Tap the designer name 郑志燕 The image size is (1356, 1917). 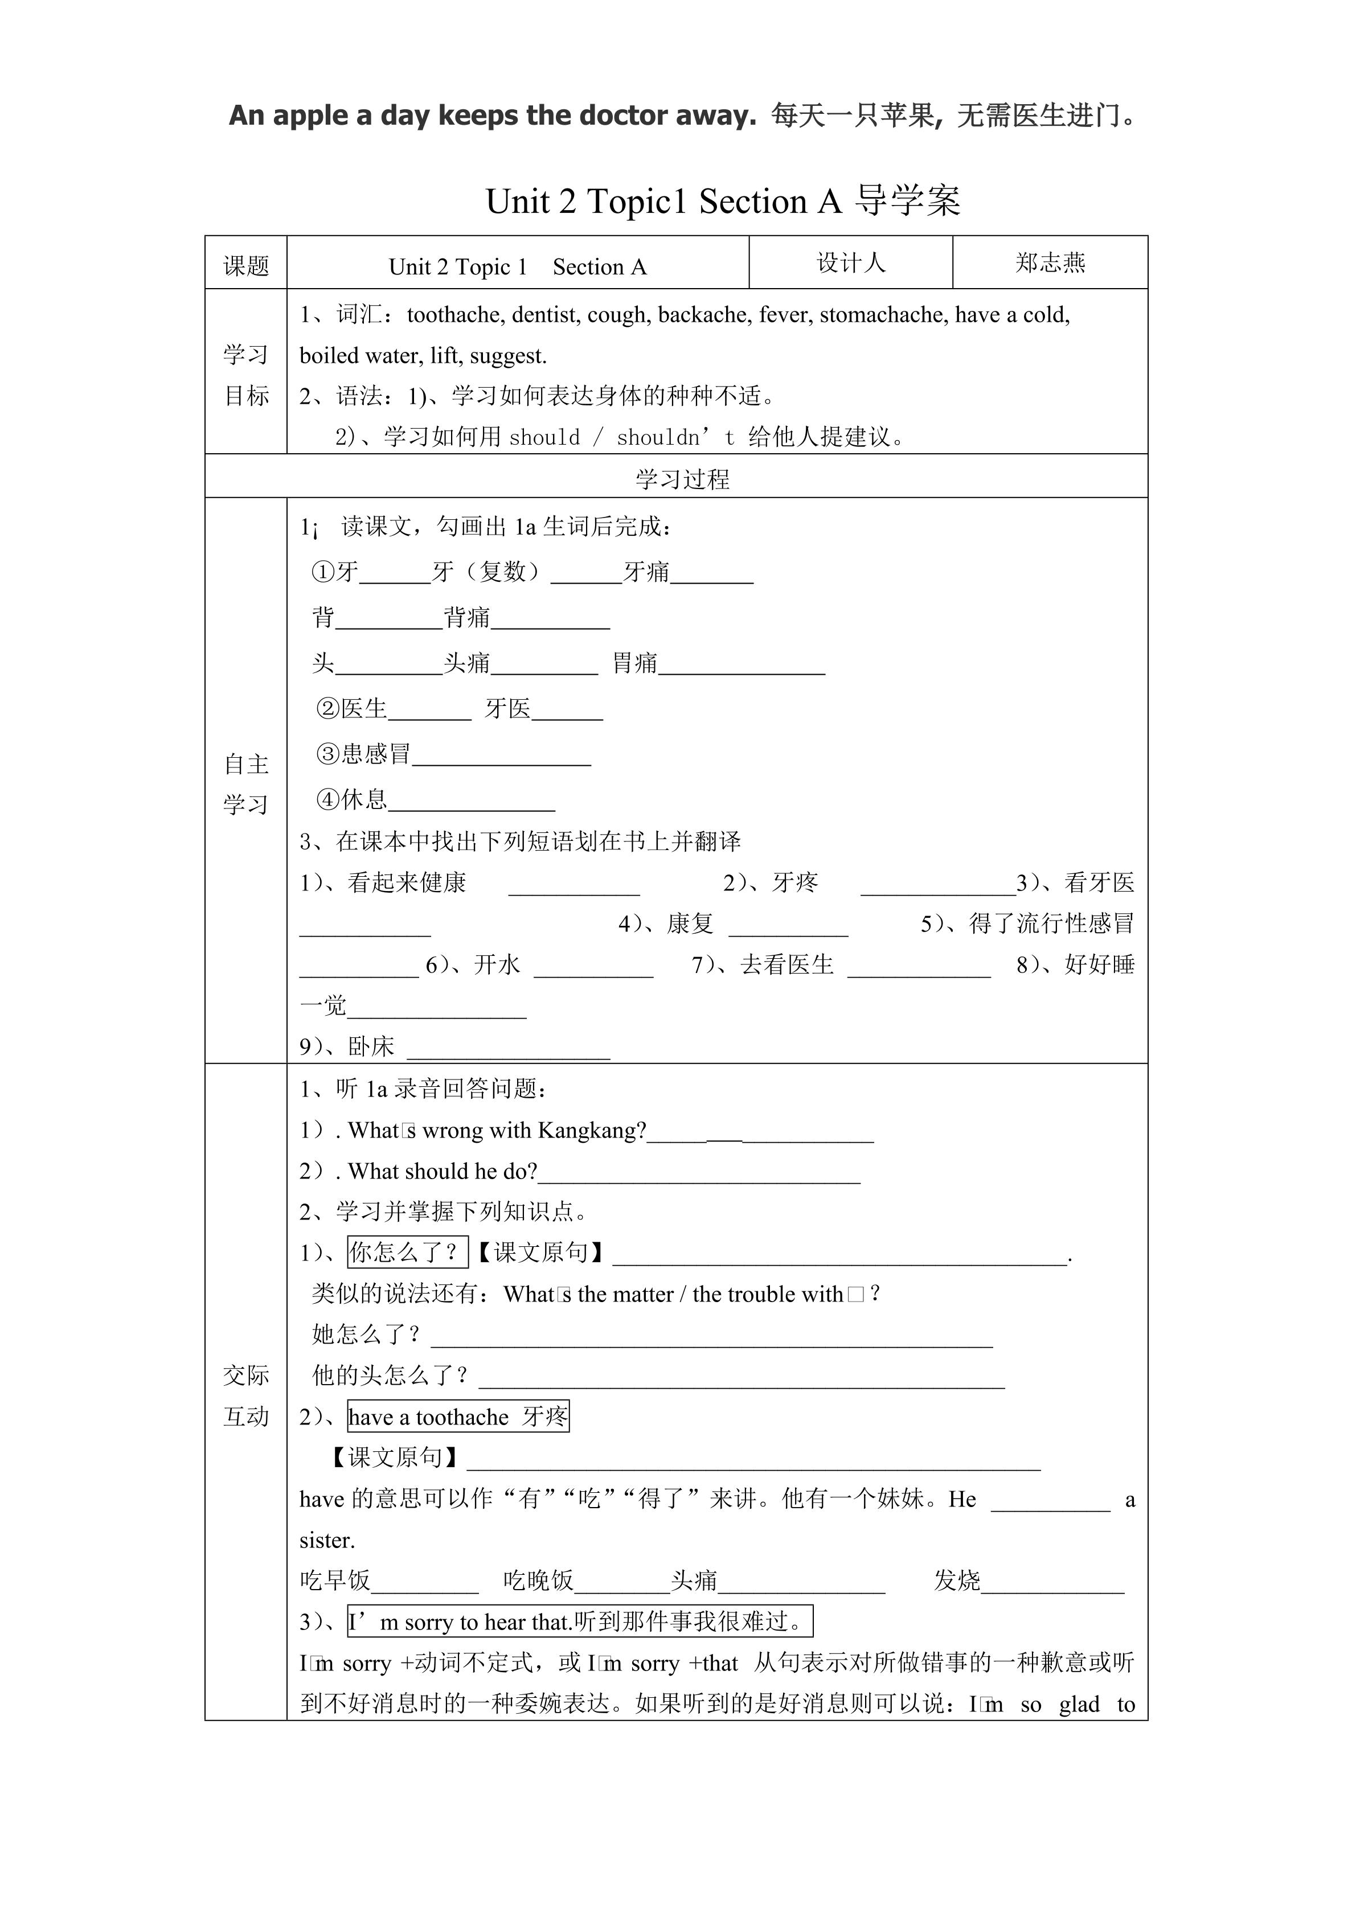tap(1050, 263)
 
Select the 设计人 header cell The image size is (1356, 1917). tap(851, 263)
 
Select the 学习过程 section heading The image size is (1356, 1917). tap(682, 479)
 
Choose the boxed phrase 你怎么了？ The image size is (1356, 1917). tap(407, 1251)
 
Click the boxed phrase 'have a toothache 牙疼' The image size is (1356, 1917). tap(458, 1417)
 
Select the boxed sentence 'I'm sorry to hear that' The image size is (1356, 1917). tap(579, 1622)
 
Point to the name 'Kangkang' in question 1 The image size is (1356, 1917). tap(592, 1131)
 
